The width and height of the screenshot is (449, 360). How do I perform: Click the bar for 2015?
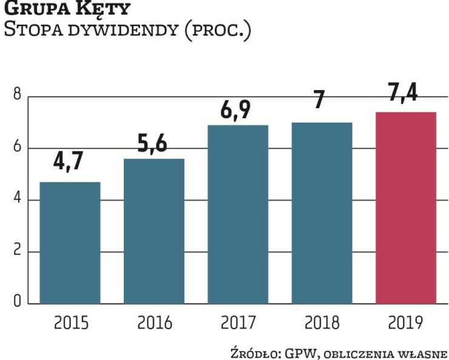point(70,242)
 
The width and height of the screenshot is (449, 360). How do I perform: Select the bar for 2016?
point(154,231)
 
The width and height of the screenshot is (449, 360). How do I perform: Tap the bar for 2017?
point(238,214)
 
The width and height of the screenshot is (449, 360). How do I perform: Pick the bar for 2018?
point(322,212)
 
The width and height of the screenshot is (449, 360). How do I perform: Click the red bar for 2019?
point(406,207)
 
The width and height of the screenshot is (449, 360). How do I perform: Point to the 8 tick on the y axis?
point(17,96)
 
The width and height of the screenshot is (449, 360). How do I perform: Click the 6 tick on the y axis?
point(17,148)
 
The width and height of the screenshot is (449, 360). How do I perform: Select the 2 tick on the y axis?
point(17,251)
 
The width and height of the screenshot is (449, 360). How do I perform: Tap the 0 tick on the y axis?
point(17,302)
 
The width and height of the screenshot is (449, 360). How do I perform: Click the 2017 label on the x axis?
point(238,322)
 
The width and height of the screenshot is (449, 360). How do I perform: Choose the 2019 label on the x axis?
point(406,322)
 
